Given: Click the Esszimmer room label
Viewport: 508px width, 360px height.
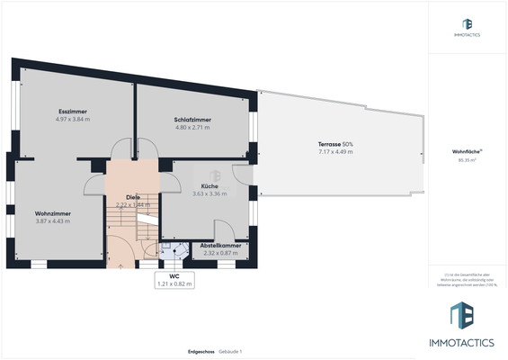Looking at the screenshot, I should click(x=73, y=112).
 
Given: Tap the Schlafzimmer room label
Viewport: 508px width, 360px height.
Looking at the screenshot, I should click(x=192, y=120).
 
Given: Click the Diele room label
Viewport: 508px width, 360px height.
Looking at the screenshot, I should click(x=132, y=196).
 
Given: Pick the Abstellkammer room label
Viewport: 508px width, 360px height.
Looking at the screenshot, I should click(x=220, y=245).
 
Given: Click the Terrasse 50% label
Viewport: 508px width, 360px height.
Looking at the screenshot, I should click(x=335, y=144).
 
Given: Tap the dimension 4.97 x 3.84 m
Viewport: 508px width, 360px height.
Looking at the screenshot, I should click(x=73, y=119).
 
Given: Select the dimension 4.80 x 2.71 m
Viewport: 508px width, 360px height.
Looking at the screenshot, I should click(x=192, y=128).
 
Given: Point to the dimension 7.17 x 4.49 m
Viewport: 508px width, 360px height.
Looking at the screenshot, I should click(x=335, y=152).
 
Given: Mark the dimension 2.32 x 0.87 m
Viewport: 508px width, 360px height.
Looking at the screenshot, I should click(x=220, y=253).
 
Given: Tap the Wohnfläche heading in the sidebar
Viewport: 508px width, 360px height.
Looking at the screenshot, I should click(x=467, y=152).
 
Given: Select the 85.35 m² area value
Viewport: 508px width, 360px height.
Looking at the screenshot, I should click(x=467, y=160).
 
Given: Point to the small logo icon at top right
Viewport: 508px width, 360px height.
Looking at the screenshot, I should click(x=467, y=23).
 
